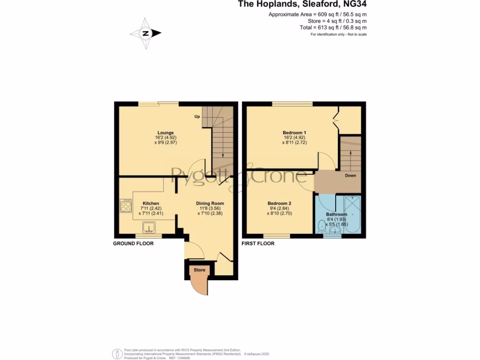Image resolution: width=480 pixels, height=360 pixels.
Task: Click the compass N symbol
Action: point(146,33)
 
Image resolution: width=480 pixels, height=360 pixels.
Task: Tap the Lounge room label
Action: point(165,133)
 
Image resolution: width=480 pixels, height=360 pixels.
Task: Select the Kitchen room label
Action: point(151,203)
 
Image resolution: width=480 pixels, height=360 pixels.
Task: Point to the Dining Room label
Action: point(210,203)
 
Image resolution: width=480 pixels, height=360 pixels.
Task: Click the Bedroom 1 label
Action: point(294,133)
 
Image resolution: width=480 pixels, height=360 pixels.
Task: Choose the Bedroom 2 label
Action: point(279,203)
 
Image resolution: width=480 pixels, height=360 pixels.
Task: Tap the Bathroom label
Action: point(337,214)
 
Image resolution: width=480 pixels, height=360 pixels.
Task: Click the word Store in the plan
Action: point(199,270)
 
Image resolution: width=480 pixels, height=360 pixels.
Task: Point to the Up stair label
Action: point(197,117)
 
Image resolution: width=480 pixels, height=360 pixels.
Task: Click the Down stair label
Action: point(351,176)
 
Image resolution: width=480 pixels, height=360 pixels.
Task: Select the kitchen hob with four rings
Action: point(126,205)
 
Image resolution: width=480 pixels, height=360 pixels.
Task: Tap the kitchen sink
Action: point(149,227)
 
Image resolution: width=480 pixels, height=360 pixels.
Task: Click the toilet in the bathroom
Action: point(322,227)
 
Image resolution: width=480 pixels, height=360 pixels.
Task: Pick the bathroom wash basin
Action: point(335,230)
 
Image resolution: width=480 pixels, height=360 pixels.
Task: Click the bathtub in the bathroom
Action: point(352,214)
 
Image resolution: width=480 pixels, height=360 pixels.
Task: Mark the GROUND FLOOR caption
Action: point(134,244)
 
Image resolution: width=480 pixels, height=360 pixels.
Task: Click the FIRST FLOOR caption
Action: point(258,244)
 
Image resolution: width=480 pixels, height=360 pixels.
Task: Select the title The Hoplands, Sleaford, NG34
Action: point(302,4)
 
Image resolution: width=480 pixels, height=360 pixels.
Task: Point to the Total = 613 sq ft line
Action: point(333,28)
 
